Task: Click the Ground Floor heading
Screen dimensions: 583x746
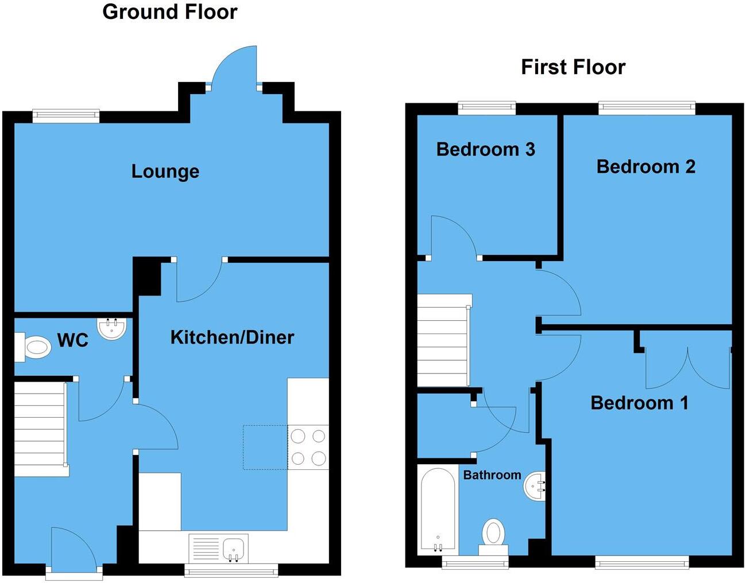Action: (169, 12)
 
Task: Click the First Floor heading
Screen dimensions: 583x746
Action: (573, 67)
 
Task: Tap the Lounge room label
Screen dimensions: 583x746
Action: (165, 171)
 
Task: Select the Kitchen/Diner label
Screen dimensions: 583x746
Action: (232, 337)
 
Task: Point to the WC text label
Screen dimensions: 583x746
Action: (73, 340)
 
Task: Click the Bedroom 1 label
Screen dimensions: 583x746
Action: (639, 403)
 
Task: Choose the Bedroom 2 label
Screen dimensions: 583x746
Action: (645, 166)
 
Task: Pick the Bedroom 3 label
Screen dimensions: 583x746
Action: (485, 149)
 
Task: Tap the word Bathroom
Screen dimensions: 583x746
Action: (492, 475)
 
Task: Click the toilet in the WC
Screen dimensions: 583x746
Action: (35, 348)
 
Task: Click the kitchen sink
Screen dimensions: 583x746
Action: (234, 549)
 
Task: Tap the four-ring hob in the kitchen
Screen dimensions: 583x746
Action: (308, 447)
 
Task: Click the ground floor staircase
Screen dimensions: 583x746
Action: (40, 427)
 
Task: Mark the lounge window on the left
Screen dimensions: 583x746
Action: (65, 115)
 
